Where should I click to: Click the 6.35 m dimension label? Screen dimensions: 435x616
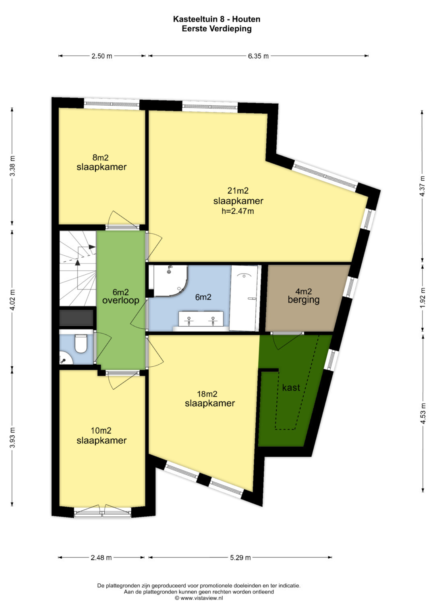258,56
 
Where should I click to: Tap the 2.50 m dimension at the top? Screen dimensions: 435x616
101,56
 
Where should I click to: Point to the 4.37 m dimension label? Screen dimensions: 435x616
423,186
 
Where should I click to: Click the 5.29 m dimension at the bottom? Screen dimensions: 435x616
240,558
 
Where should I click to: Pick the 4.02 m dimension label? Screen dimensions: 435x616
12,299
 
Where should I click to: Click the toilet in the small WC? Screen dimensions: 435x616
81,343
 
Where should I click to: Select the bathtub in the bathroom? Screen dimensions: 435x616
244,298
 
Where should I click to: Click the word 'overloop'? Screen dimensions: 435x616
121,300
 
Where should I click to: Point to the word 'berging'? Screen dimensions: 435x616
303,300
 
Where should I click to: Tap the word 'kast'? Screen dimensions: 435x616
291,388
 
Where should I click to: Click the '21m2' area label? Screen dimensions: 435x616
238,190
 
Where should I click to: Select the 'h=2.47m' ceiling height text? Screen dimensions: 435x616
238,211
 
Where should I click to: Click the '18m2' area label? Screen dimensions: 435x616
207,394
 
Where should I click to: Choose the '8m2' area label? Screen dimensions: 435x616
101,157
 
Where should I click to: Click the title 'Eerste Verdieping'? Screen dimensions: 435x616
217,29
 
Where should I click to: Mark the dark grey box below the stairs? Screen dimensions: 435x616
77,318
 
